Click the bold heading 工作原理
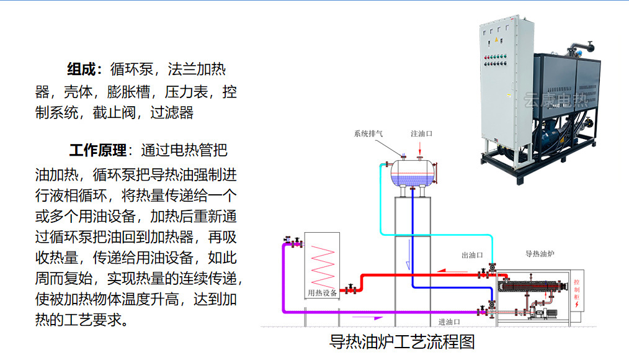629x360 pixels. click(98, 150)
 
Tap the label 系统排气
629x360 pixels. click(368, 133)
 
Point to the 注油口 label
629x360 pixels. click(421, 133)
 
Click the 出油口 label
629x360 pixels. click(472, 254)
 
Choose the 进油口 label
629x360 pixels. click(449, 322)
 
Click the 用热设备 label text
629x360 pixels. click(323, 293)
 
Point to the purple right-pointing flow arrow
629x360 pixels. click(368, 318)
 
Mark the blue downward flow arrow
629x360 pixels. click(408, 263)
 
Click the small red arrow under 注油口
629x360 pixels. click(421, 147)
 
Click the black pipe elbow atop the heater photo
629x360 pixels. click(586, 46)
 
